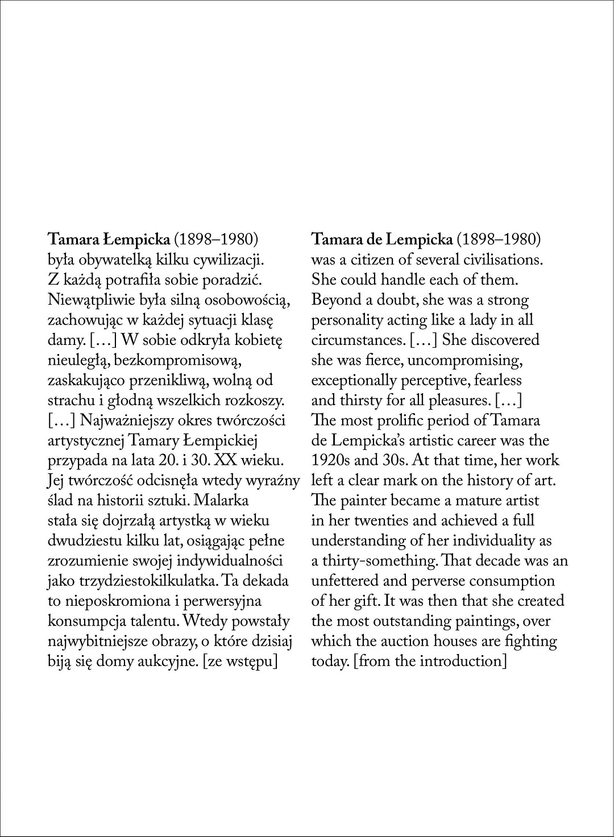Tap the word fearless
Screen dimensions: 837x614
click(498, 380)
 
